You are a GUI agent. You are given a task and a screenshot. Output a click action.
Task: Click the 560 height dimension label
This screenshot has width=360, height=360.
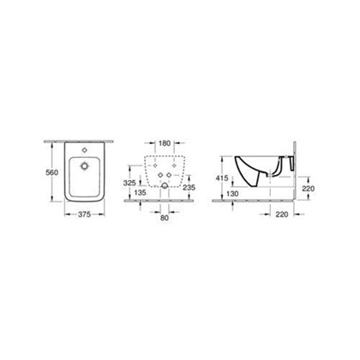point(52,172)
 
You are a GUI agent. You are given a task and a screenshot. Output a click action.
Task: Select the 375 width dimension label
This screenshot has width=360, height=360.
point(84,214)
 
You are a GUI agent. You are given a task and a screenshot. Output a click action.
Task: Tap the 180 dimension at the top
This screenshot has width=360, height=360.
point(165,143)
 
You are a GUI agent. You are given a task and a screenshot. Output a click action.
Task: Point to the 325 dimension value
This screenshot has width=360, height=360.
point(129,183)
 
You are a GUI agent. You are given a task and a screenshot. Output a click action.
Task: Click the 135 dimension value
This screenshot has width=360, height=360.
point(140,193)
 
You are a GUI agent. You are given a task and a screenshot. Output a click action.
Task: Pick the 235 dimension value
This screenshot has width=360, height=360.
point(189,188)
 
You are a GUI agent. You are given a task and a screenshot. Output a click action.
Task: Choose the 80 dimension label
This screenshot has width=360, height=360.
point(165,218)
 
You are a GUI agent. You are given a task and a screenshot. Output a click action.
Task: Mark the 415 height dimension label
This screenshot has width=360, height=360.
point(222,178)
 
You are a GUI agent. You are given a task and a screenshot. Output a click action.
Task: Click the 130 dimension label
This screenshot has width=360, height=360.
point(232,194)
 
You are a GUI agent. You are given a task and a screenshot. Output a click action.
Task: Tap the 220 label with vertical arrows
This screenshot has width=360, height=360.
point(308,189)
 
